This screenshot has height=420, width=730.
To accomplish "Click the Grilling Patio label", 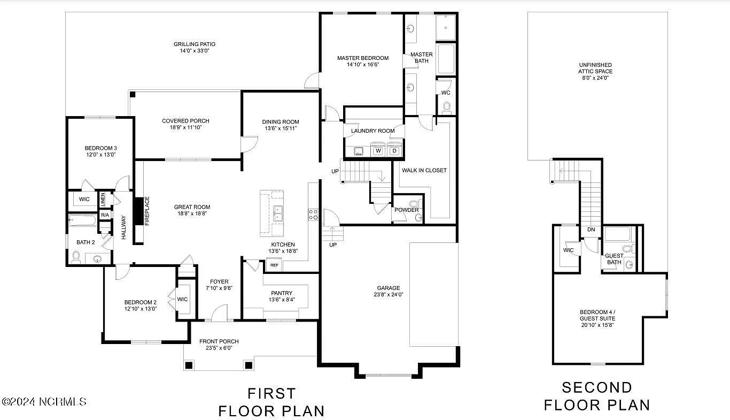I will coord(195,44).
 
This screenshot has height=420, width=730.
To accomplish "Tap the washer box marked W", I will coord(378,151).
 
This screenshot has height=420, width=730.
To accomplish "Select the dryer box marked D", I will coord(395,151).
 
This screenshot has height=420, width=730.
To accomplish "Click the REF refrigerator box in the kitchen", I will coord(274,265).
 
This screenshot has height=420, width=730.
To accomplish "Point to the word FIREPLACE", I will coord(147,211).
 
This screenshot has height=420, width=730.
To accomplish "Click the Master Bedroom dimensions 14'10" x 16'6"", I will coord(362,64).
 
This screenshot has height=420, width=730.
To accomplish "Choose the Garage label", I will coord(389,288).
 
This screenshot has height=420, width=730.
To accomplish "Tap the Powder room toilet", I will coord(414,204).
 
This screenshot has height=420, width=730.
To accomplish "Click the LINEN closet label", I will coord(103,199).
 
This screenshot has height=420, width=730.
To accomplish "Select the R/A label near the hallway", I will coord(105,215).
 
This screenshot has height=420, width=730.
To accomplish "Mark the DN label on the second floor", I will coord(591,230).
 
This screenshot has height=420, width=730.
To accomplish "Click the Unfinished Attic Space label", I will coord(595,71).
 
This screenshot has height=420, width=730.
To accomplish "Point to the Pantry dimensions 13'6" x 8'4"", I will coord(281,300).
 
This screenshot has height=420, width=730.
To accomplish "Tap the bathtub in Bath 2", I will coord(83,220).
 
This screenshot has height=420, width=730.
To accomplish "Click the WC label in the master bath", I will coord(446,93).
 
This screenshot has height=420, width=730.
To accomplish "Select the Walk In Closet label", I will coord(425,170).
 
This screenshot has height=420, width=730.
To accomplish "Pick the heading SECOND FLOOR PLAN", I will coord(597,396).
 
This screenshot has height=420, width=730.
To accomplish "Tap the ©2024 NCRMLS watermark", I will coord(44,401).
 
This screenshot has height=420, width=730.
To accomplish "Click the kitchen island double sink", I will coord(278,213).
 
